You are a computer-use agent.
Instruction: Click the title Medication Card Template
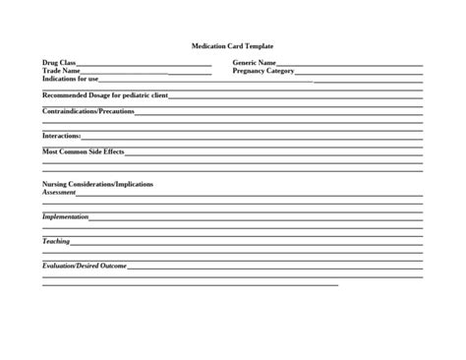(232, 46)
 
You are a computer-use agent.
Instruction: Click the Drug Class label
(59, 63)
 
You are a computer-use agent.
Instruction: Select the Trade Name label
(61, 71)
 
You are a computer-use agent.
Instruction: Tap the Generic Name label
(254, 63)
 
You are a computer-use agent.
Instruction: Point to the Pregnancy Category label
(263, 71)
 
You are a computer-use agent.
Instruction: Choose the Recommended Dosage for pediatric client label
(105, 95)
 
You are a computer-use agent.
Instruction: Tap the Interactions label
(61, 136)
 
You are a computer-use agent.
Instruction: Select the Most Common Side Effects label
(84, 151)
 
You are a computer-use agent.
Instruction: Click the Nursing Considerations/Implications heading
(97, 184)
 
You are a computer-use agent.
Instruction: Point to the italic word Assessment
(59, 192)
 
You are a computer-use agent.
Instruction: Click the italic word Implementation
(65, 216)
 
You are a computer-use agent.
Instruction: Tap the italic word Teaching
(56, 241)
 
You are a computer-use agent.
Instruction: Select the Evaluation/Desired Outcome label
(85, 266)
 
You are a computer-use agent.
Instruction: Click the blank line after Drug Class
(144, 65)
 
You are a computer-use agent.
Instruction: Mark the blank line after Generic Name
(349, 65)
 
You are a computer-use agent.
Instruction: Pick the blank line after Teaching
(246, 243)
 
